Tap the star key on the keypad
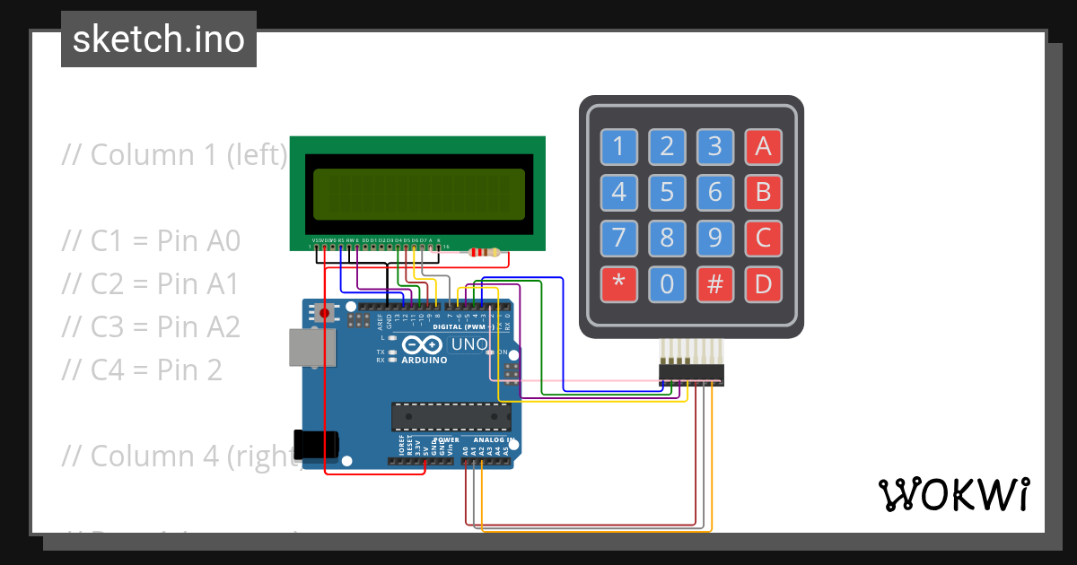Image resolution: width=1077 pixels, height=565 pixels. pyautogui.click(x=618, y=284)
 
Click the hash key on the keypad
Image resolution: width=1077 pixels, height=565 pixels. pyautogui.click(x=715, y=284)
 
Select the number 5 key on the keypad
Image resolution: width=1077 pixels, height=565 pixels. pyautogui.click(x=667, y=191)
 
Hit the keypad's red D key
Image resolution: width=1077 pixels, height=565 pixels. pyautogui.click(x=763, y=284)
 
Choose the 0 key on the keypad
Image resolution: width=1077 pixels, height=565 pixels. pyautogui.click(x=667, y=284)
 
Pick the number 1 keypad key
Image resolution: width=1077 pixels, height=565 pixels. pyautogui.click(x=618, y=145)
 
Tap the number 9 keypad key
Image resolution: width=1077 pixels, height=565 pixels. pyautogui.click(x=715, y=238)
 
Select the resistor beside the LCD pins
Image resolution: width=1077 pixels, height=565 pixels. pyautogui.click(x=485, y=253)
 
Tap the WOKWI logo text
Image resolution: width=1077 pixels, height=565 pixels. pyautogui.click(x=952, y=494)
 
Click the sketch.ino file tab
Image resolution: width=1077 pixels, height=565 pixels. pyautogui.click(x=159, y=39)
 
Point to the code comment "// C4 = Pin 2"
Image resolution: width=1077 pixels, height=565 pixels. pyautogui.click(x=142, y=369)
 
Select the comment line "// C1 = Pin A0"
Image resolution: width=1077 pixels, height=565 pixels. pyautogui.click(x=151, y=240)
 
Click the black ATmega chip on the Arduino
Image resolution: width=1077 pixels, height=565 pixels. pyautogui.click(x=451, y=417)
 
